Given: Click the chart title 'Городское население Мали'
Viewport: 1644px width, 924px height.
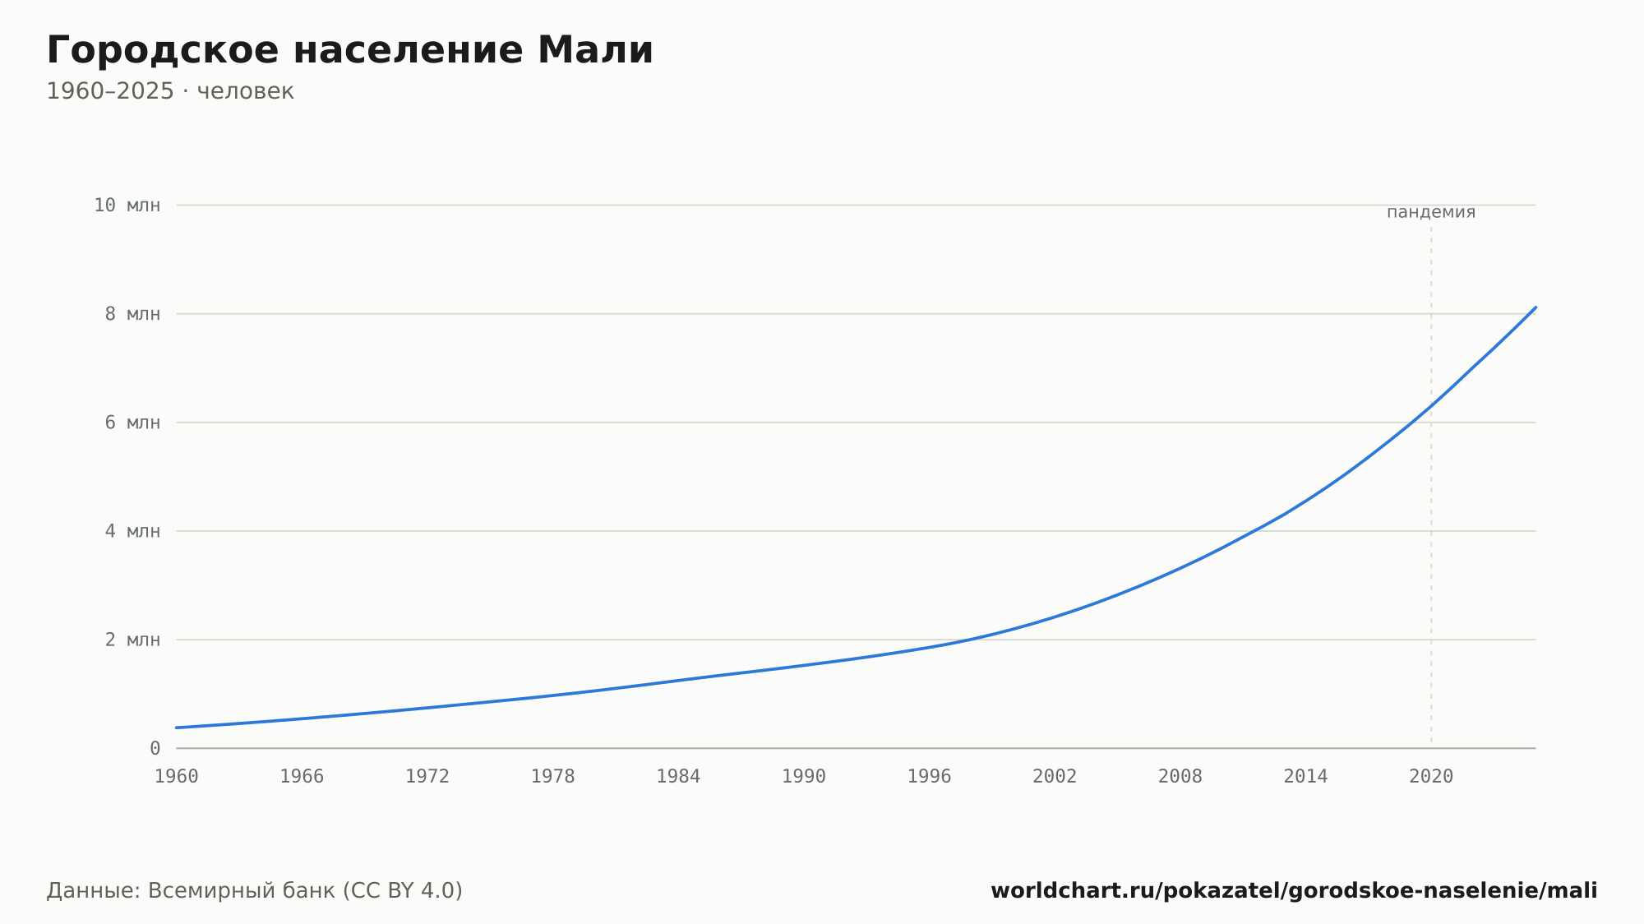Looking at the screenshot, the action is click(x=350, y=50).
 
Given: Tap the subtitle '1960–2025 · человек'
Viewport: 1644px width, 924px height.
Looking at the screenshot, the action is click(x=170, y=91).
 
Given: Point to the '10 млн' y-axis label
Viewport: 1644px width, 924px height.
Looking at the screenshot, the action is click(x=127, y=206).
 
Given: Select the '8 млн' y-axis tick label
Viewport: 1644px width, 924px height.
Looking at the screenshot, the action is click(x=133, y=314).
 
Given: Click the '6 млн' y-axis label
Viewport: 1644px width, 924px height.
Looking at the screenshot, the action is click(x=133, y=423).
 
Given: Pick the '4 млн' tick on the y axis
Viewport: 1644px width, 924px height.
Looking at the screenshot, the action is click(x=133, y=531).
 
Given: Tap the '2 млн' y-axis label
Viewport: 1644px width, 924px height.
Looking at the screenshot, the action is click(x=133, y=640).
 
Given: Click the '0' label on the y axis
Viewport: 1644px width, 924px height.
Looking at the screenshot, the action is click(x=155, y=748).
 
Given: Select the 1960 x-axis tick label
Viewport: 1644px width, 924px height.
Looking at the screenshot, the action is click(x=177, y=777).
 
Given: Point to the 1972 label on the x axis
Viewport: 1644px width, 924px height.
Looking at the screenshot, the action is click(x=427, y=777).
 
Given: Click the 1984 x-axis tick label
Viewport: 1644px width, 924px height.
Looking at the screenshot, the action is click(x=678, y=777).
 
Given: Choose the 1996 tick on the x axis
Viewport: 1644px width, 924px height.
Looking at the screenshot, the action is click(x=929, y=777).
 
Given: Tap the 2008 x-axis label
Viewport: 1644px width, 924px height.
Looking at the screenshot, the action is click(x=1180, y=777).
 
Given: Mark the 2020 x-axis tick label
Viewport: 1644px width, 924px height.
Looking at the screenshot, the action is click(x=1431, y=777).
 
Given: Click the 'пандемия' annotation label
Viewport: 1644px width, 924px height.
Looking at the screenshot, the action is click(x=1431, y=212).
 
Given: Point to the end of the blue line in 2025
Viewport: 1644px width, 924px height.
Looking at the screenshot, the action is click(x=1535, y=307).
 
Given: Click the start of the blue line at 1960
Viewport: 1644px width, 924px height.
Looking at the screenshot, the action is click(x=177, y=728).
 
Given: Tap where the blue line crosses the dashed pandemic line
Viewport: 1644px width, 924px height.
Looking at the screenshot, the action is click(x=1431, y=405).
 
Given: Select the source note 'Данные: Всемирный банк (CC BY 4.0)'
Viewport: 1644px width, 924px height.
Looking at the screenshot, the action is click(x=255, y=890).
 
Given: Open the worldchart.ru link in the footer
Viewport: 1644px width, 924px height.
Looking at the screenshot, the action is click(x=1294, y=890).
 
